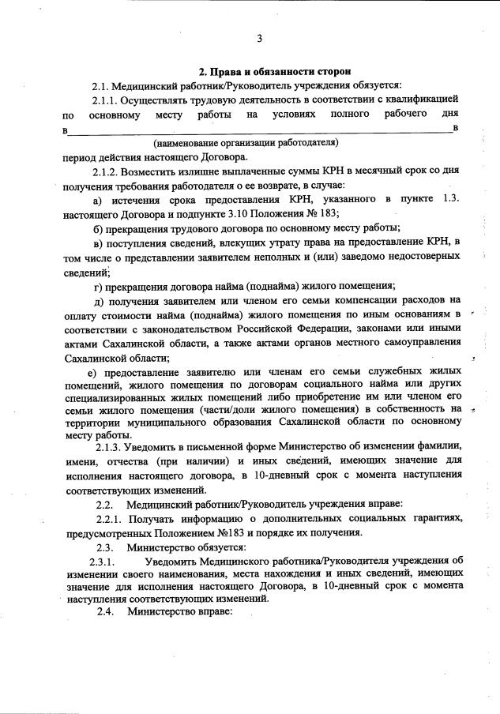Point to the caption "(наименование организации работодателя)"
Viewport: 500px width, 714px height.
pos(246,143)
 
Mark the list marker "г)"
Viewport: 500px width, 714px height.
pos(98,285)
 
